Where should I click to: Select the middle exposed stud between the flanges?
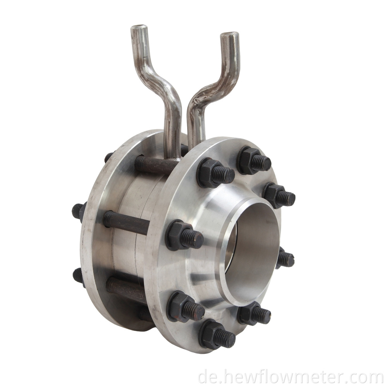coord(126,223)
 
